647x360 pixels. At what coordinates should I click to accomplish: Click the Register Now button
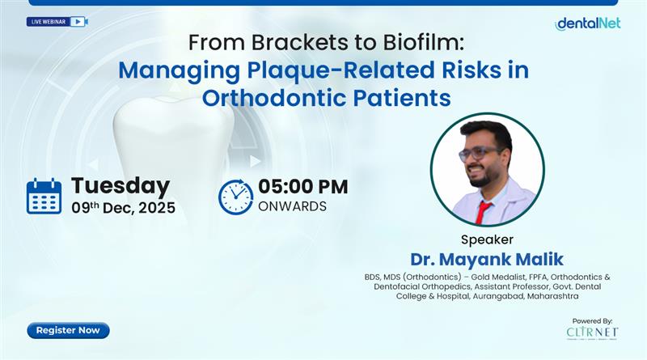tap(68, 330)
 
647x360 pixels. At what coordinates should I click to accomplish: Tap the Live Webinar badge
tap(57, 22)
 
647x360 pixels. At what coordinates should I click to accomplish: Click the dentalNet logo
tap(587, 23)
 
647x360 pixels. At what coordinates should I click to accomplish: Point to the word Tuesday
tap(120, 186)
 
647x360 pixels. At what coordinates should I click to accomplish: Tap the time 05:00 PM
tap(302, 186)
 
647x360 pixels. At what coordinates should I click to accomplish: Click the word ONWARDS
tap(292, 207)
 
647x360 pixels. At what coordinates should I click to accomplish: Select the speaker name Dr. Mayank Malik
tap(486, 260)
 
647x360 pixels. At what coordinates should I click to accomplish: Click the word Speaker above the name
tap(486, 239)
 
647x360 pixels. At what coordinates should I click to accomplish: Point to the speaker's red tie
tap(483, 212)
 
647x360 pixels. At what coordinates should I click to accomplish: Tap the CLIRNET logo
tap(593, 332)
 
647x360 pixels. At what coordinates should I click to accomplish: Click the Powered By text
tap(592, 320)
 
